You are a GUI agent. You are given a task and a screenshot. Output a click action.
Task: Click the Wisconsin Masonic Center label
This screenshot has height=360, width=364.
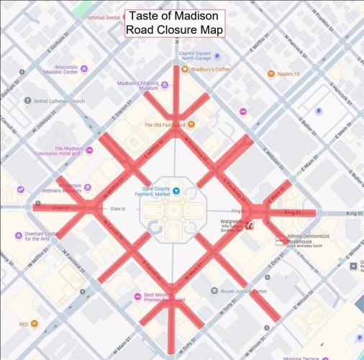coord(60,68)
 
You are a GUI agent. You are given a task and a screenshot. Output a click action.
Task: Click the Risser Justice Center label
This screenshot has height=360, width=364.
coord(244,291)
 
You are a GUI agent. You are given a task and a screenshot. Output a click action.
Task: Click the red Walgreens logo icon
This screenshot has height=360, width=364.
coord(250,225)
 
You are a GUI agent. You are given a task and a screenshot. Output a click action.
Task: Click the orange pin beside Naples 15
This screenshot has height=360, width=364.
coord(271,73)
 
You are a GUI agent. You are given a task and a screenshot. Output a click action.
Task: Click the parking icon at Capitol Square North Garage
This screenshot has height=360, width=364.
coord(217,56)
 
